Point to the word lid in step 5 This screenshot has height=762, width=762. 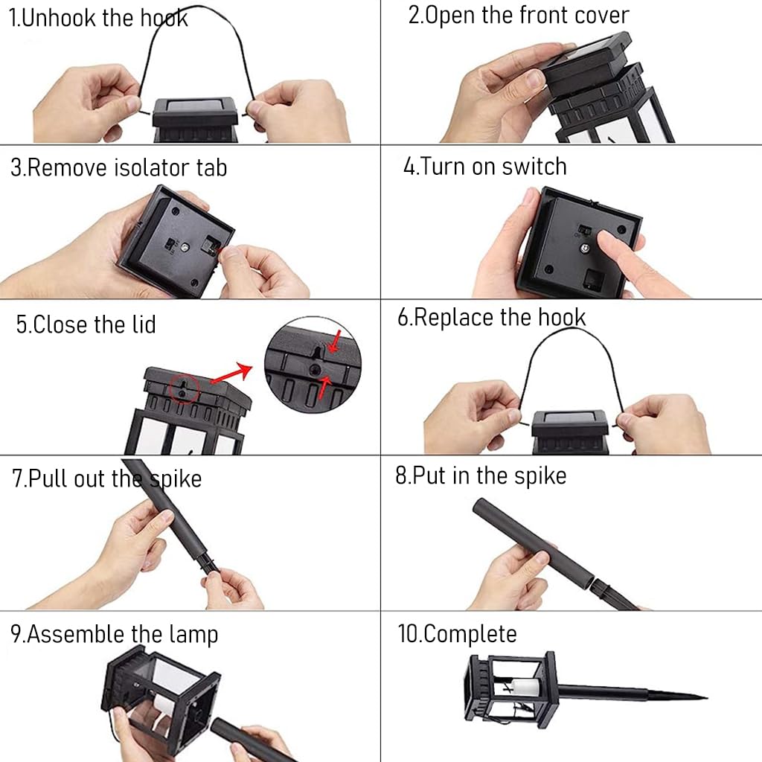point(144,324)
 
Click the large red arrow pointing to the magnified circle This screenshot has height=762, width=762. point(231,374)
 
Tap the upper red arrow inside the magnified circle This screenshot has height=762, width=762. point(335,341)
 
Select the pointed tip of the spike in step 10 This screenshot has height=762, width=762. point(706,698)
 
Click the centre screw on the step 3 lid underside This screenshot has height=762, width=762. point(185,247)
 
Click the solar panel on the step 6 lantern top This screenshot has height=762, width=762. point(569,417)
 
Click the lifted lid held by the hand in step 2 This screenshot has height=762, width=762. point(586,61)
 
